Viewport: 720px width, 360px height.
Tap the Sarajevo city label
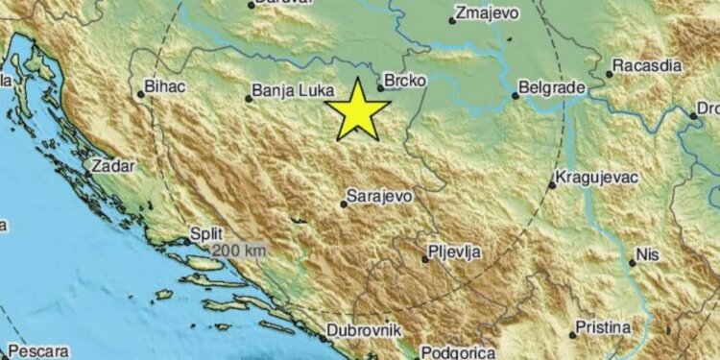click(x=380, y=196)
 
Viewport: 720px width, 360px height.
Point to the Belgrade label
click(x=552, y=88)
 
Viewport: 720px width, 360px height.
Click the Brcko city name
click(x=404, y=83)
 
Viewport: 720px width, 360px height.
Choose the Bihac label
click(x=165, y=87)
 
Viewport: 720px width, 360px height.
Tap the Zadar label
click(x=112, y=166)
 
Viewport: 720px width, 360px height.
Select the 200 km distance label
click(x=240, y=250)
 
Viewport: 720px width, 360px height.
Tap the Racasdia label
click(x=649, y=67)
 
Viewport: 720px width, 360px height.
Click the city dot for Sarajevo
click(x=344, y=204)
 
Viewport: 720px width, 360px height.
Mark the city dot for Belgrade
click(x=516, y=94)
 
